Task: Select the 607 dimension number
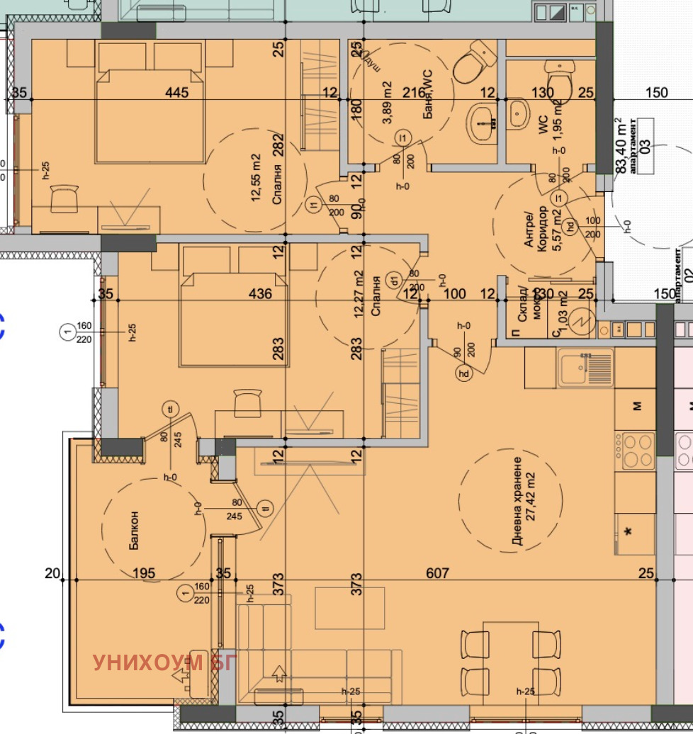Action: click(438, 572)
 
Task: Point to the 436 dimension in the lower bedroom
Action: click(261, 293)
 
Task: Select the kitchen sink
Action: click(575, 368)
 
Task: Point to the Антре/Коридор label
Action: click(536, 226)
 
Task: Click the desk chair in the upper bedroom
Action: click(63, 198)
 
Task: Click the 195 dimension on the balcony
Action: click(143, 572)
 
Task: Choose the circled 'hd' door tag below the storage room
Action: click(464, 373)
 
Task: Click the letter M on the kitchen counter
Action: click(636, 406)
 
